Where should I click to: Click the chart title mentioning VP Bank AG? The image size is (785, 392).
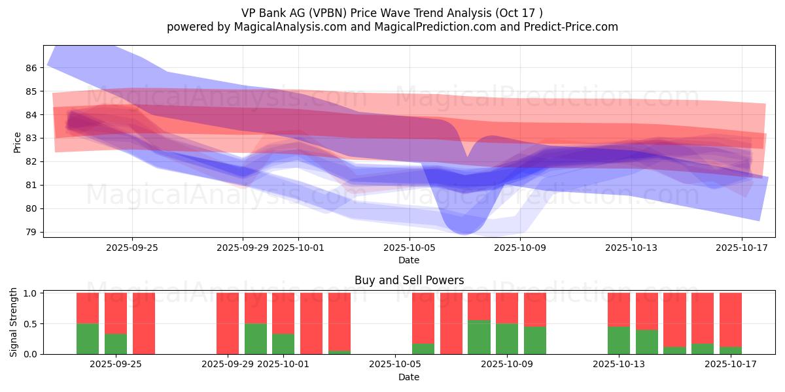pos(392,12)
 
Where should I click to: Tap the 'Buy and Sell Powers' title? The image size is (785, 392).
pos(409,280)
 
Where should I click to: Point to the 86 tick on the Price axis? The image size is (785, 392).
pos(31,68)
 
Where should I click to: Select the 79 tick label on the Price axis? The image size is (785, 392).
pos(31,232)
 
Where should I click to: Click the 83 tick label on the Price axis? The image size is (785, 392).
pos(31,139)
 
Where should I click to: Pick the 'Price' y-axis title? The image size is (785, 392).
pos(17,142)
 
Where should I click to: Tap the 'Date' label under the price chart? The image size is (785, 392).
pos(409,260)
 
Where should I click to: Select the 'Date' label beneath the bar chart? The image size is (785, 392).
pos(409,377)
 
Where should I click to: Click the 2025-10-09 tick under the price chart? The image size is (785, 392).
pos(520,248)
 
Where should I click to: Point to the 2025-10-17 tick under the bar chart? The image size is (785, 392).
pos(730,365)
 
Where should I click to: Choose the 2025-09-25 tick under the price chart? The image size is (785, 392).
pos(132,248)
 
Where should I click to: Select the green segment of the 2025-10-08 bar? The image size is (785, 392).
pos(479,337)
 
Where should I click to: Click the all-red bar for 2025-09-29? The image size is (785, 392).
pos(228,323)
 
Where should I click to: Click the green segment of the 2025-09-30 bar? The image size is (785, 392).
pos(256,339)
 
